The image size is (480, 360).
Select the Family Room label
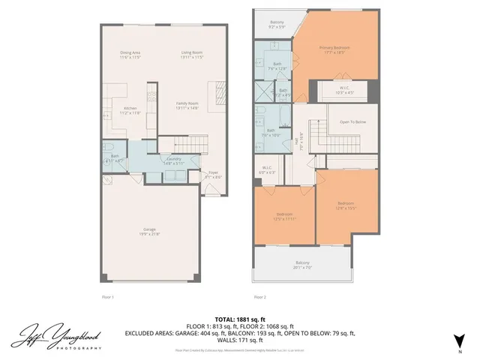pyautogui.click(x=187, y=105)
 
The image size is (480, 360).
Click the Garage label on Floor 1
pyautogui.click(x=150, y=232)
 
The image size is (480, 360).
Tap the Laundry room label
pyautogui.click(x=174, y=160)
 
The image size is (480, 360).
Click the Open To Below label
pyautogui.click(x=352, y=121)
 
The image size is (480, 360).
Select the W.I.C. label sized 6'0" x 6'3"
pyautogui.click(x=267, y=169)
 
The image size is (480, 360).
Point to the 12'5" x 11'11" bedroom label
pyautogui.click(x=283, y=216)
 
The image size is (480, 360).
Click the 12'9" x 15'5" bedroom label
pyautogui.click(x=345, y=205)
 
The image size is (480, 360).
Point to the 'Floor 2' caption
pyautogui.click(x=259, y=296)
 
